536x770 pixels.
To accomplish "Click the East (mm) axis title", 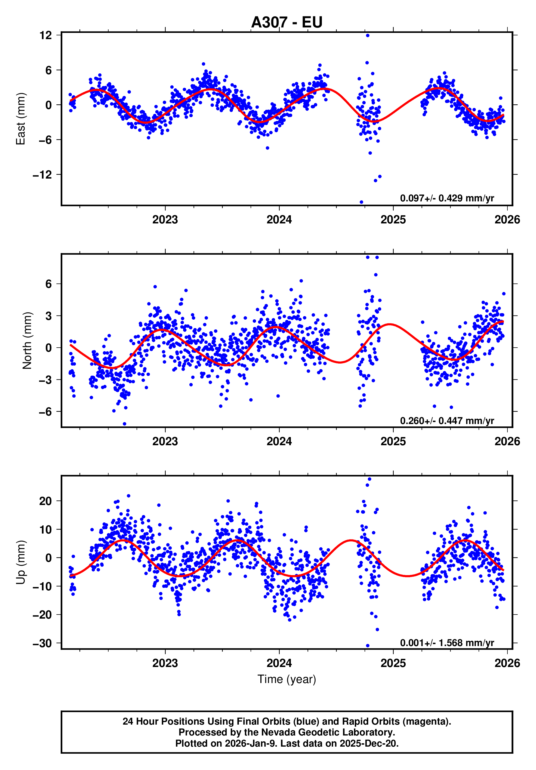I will tap(21, 119).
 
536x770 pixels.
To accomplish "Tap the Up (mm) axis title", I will tap(21, 562).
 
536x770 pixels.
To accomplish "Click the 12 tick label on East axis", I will tap(45, 35).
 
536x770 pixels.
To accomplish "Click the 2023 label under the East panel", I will tap(165, 220).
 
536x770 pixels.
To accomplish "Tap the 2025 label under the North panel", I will tap(393, 441).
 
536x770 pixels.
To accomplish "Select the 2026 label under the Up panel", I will tap(507, 663).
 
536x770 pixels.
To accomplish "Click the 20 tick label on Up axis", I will tap(45, 501).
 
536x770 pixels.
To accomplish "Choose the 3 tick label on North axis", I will tap(49, 316).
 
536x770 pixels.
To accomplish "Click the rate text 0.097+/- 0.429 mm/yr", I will tap(447, 198).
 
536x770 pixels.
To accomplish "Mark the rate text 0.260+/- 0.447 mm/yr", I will tap(447, 420).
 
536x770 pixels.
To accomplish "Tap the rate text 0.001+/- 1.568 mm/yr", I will tap(447, 643).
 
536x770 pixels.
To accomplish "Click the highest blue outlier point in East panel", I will tap(368, 35).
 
